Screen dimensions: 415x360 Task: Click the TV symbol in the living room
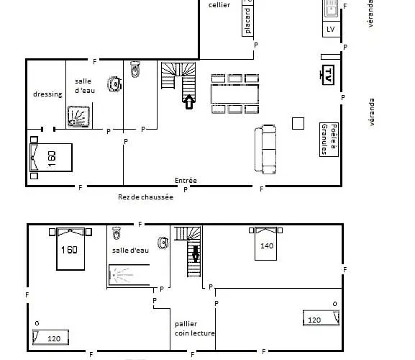(x=328, y=75)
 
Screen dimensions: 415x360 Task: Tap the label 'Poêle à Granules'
(x=329, y=140)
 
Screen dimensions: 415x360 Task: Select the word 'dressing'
(x=48, y=94)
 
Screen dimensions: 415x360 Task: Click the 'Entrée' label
(x=186, y=181)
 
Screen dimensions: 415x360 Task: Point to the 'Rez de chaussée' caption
(x=145, y=197)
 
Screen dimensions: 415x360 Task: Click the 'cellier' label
(x=219, y=5)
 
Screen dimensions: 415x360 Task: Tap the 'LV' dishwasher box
(x=332, y=29)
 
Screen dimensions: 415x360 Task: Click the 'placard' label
(x=247, y=21)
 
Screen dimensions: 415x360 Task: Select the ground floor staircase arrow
(x=189, y=102)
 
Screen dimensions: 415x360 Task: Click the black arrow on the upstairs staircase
(x=196, y=253)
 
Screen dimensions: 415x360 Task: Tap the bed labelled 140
(x=265, y=243)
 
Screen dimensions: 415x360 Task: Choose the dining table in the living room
(x=234, y=94)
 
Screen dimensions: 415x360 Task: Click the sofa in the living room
(x=265, y=149)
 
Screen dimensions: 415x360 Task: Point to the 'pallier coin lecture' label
(x=195, y=328)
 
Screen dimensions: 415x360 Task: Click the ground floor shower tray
(x=78, y=117)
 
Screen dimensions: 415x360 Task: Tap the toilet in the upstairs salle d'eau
(x=117, y=233)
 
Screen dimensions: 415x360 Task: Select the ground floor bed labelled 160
(x=51, y=158)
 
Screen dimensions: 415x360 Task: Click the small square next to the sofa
(x=298, y=123)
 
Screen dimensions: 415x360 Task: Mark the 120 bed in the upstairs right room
(x=321, y=318)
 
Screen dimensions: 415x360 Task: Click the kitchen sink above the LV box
(x=331, y=9)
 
